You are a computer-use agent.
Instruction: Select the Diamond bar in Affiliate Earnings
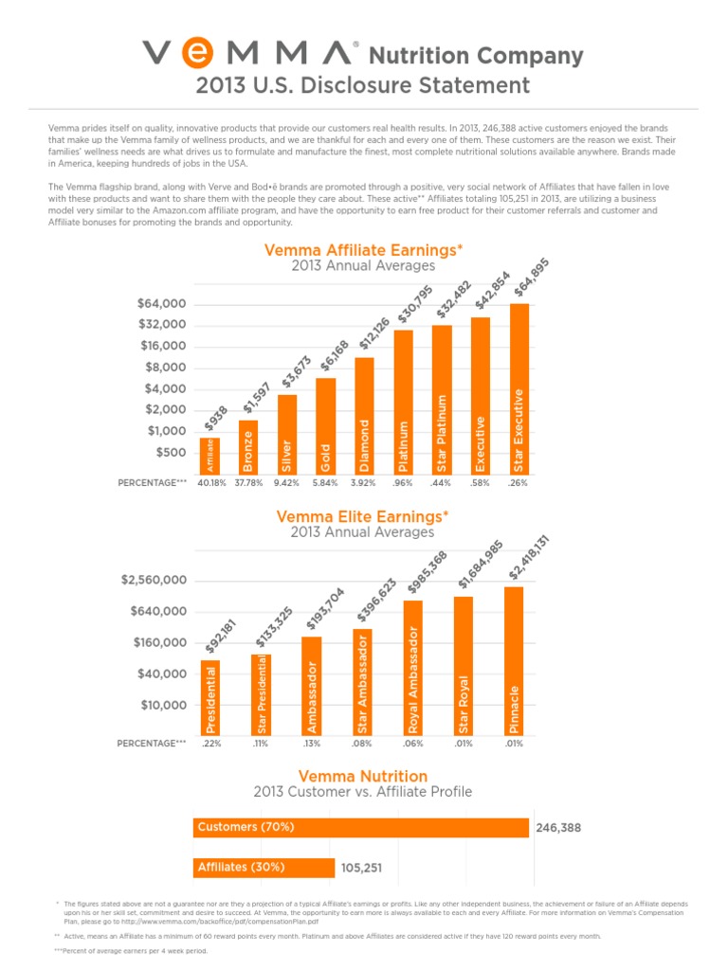pos(364,417)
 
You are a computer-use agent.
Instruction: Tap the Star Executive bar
pos(519,389)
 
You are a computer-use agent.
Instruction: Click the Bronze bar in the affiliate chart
pos(247,447)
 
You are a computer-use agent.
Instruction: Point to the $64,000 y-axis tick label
pos(161,304)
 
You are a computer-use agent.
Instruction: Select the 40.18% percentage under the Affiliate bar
pos(209,483)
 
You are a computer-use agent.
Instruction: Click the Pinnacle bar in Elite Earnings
pos(514,660)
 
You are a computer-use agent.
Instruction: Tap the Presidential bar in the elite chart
pos(210,697)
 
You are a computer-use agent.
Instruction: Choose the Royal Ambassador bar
pos(412,667)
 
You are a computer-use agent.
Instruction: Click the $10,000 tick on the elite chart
pos(160,705)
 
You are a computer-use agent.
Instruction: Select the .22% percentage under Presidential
pos(210,744)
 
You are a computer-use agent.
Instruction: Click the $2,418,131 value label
pos(529,558)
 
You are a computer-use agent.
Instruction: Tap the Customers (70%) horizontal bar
pos(360,828)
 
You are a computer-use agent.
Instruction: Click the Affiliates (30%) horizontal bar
pos(264,867)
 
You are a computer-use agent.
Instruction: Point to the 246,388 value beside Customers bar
pos(558,828)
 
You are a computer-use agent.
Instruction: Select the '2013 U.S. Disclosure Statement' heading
pos(363,85)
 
